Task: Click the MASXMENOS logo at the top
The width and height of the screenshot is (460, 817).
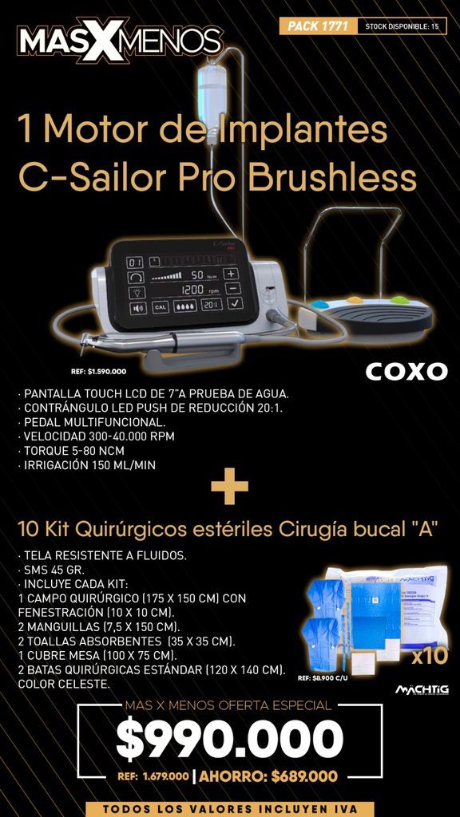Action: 120,41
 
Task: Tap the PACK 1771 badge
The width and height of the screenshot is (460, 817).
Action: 317,26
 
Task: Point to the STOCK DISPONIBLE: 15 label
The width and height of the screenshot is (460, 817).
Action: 402,26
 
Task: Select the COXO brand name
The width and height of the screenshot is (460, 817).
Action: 406,372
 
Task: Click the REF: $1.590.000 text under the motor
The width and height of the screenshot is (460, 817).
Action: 98,371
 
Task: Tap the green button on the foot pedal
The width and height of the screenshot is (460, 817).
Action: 399,301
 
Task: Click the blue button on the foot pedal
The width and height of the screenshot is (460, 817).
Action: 319,305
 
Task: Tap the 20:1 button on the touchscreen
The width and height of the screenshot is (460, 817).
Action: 212,304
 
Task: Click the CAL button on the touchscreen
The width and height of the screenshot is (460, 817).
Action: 160,306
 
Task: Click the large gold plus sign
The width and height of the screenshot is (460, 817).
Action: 229,487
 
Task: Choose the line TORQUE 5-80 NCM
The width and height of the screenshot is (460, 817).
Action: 70,451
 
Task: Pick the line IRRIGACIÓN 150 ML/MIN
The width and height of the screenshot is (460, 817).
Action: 86,465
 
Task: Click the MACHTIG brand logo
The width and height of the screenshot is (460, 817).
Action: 422,689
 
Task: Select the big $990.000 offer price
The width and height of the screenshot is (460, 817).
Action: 229,739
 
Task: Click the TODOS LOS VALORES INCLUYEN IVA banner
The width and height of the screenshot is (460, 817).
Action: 229,808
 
